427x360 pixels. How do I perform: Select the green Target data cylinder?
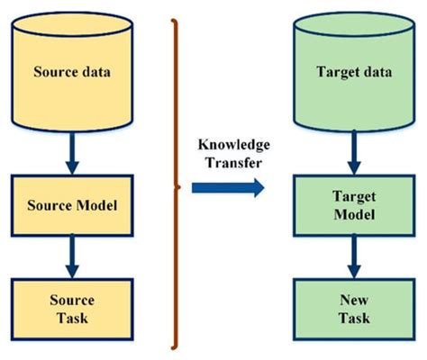click(x=355, y=72)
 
